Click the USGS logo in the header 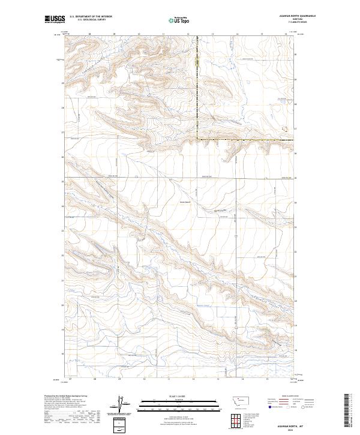coord(55,19)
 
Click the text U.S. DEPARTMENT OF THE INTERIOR coord(91,17)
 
